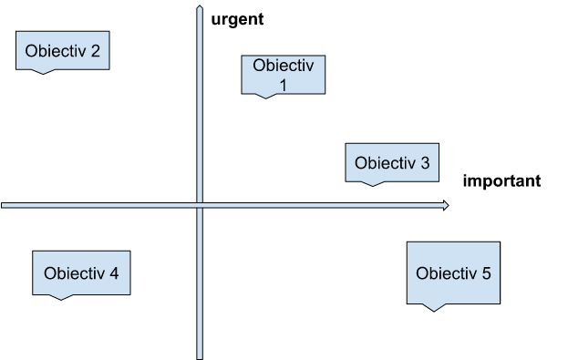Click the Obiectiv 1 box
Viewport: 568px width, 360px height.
coord(283,75)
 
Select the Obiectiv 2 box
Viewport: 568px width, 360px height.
coord(63,50)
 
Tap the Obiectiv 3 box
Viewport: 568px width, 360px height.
coord(391,163)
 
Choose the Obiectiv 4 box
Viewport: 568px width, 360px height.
coord(80,273)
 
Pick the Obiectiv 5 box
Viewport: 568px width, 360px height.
coord(453,273)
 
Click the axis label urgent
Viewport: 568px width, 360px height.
coord(237,17)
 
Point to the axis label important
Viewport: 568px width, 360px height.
coord(501,180)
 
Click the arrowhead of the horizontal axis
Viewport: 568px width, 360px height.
coord(445,205)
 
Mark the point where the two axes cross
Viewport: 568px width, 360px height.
coord(199,206)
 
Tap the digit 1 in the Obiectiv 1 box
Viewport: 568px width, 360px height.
coord(283,85)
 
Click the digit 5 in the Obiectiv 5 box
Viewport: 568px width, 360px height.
coord(486,273)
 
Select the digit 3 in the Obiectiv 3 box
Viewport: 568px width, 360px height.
coord(424,164)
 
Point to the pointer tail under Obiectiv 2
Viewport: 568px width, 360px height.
coord(40,71)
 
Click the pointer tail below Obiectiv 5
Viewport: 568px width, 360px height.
coord(436,307)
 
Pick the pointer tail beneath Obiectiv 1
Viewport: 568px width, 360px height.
coord(265,97)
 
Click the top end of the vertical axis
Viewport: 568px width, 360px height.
coord(199,8)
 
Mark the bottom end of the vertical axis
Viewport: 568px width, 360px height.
coord(199,356)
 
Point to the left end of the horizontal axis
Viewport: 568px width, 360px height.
coord(4,206)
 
